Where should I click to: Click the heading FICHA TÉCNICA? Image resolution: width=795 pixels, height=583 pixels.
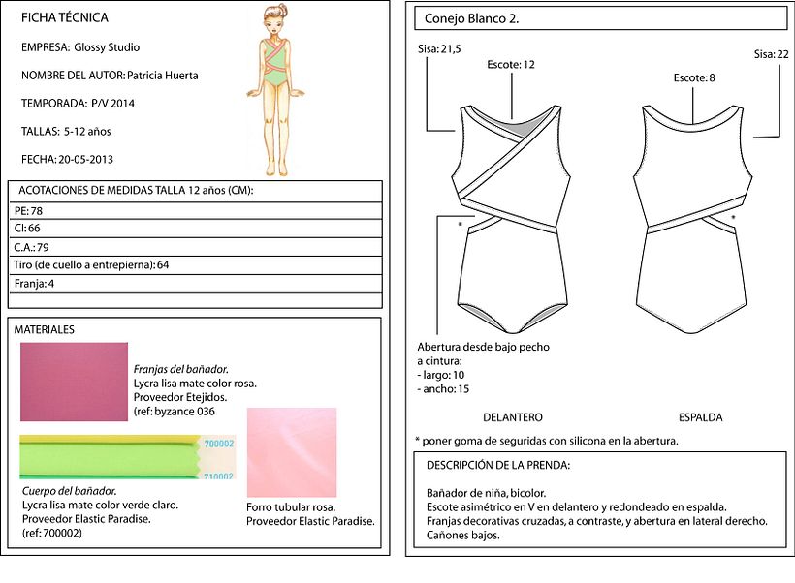click(x=64, y=17)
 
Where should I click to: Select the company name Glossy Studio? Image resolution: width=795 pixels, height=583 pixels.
click(x=107, y=47)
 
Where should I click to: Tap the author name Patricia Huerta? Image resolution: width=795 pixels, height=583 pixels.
click(x=162, y=76)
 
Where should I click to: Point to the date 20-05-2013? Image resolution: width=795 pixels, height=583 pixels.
click(x=85, y=159)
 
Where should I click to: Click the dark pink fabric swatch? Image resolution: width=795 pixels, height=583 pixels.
click(x=74, y=382)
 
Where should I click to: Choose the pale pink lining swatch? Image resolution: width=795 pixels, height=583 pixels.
click(x=292, y=452)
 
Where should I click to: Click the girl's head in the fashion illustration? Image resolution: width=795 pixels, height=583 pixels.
click(x=274, y=20)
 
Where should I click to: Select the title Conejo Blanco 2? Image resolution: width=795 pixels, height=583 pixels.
click(x=471, y=18)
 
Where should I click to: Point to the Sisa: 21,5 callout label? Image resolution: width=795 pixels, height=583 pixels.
click(x=439, y=49)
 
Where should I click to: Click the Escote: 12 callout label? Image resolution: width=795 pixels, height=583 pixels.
click(x=511, y=65)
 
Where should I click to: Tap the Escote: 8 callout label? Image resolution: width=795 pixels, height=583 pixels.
click(x=694, y=78)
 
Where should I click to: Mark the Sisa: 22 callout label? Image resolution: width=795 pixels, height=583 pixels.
click(x=771, y=54)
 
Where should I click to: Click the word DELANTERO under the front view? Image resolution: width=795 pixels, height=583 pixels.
click(x=513, y=417)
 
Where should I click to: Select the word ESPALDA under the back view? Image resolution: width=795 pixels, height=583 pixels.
click(x=701, y=417)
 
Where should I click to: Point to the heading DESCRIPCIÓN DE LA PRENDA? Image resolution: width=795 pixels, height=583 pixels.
click(x=498, y=466)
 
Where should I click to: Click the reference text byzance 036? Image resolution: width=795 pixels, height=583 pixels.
click(x=184, y=412)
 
